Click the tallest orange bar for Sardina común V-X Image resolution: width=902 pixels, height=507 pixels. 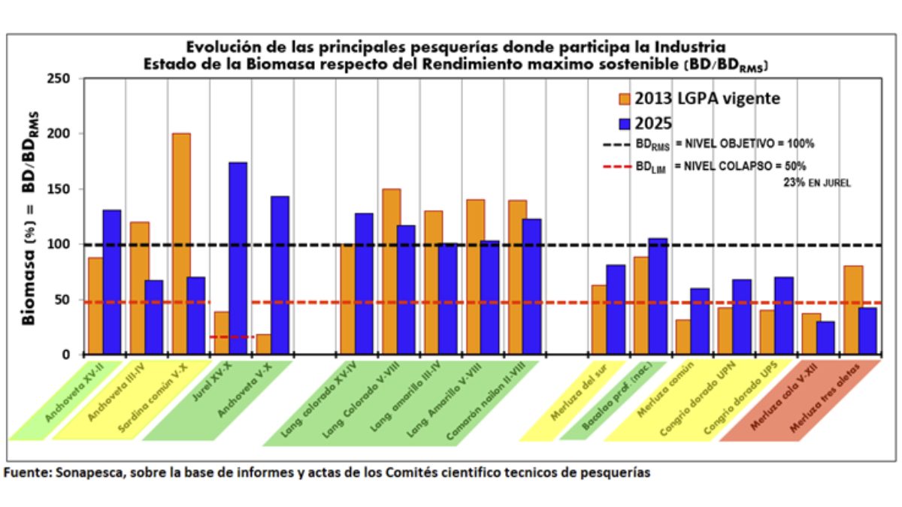click(181, 243)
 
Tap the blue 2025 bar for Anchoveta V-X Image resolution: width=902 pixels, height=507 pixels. click(280, 275)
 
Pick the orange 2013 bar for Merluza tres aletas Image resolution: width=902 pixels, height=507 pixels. click(854, 309)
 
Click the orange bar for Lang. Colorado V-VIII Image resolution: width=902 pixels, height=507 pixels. click(392, 271)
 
